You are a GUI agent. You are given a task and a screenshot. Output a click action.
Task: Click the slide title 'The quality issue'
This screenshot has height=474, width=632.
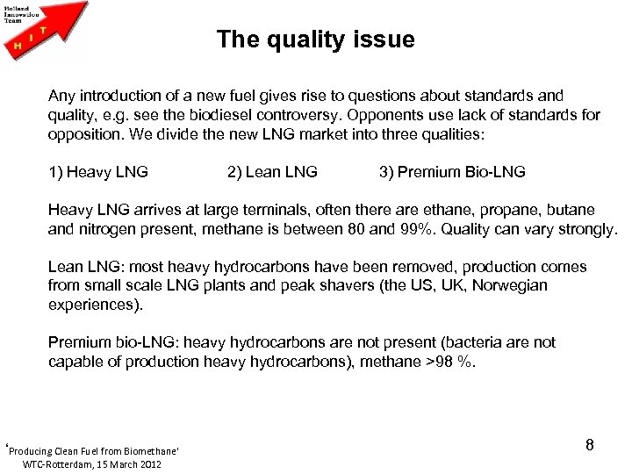tap(316, 39)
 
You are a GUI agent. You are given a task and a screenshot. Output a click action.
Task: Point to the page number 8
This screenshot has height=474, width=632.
tap(590, 445)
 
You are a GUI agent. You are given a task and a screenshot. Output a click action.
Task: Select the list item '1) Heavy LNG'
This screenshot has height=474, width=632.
tap(98, 172)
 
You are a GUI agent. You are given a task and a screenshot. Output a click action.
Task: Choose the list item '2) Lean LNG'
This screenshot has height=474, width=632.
tap(272, 172)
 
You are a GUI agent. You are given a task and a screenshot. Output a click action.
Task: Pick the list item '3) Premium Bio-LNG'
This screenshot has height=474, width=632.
tap(452, 172)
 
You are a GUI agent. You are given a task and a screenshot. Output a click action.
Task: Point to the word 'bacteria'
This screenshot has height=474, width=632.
tap(469, 342)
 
